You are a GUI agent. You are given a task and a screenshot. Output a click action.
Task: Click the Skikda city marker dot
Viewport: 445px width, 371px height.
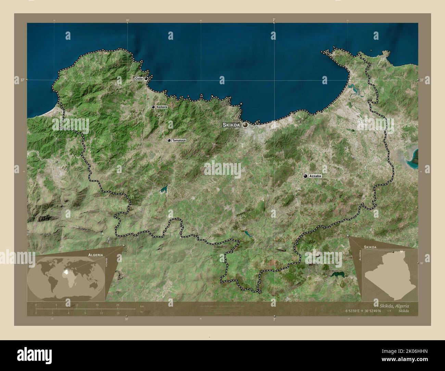(245, 125)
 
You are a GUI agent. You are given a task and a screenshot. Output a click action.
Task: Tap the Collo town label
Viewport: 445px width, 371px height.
(139, 79)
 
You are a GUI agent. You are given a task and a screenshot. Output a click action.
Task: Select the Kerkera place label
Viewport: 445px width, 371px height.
(162, 107)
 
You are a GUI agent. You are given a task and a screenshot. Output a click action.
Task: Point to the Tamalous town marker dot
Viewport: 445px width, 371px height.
(169, 140)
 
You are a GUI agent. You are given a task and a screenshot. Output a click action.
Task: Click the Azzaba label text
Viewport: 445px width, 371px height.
(315, 176)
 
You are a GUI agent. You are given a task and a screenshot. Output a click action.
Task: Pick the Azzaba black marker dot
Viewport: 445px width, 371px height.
(305, 176)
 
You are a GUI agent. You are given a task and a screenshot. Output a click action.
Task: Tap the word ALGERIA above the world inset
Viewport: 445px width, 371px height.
(95, 255)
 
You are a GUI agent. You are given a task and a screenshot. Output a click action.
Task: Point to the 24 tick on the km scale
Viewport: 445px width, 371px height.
(117, 305)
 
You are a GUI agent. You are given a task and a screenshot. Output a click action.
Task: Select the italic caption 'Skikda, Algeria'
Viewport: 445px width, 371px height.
(389, 305)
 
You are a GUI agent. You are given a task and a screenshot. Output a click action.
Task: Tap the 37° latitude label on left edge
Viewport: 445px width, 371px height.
(22, 80)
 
